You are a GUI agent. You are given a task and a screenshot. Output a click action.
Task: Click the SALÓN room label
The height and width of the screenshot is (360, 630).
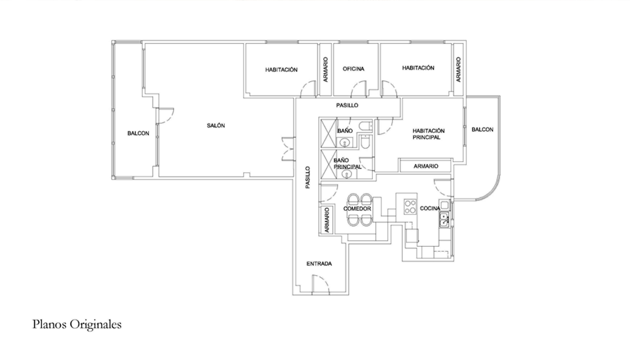pos(216,126)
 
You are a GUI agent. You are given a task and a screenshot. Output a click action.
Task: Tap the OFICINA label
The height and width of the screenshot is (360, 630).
pos(353,69)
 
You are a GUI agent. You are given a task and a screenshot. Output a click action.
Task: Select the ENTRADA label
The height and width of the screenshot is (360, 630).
pos(319,264)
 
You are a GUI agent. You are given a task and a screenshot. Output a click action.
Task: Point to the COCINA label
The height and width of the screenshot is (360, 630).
pos(430,208)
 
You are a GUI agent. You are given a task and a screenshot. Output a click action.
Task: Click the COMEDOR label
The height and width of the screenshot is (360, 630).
pos(357,209)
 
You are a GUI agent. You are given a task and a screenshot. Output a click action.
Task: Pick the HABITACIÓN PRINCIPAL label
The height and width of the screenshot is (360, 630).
pos(429,134)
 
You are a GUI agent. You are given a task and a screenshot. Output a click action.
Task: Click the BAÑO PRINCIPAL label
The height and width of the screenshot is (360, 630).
pos(347,163)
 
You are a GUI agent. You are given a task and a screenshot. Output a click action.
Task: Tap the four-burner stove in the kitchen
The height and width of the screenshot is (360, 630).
pos(410,207)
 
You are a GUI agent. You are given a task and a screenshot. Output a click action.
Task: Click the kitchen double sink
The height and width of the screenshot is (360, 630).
pos(444,219)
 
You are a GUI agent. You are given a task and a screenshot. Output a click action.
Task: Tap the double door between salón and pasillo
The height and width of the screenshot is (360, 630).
pos(288,149)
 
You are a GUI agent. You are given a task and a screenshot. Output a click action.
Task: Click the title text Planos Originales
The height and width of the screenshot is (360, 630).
pos(77,324)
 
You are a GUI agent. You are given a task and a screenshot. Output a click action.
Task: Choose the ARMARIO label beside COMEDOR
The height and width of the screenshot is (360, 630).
pos(327,220)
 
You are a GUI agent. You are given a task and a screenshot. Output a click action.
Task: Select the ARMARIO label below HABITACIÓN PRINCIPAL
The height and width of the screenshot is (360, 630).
pos(426,166)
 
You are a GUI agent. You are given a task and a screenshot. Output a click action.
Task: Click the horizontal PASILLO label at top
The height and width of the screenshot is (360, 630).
pos(347,105)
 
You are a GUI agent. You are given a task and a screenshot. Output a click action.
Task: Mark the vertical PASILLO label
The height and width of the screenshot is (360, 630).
pos(308,178)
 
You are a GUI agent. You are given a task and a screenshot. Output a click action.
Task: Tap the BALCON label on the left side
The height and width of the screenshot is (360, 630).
pos(138,133)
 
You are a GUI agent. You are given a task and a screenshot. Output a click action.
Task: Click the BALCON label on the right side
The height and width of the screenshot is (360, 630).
pos(482,130)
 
